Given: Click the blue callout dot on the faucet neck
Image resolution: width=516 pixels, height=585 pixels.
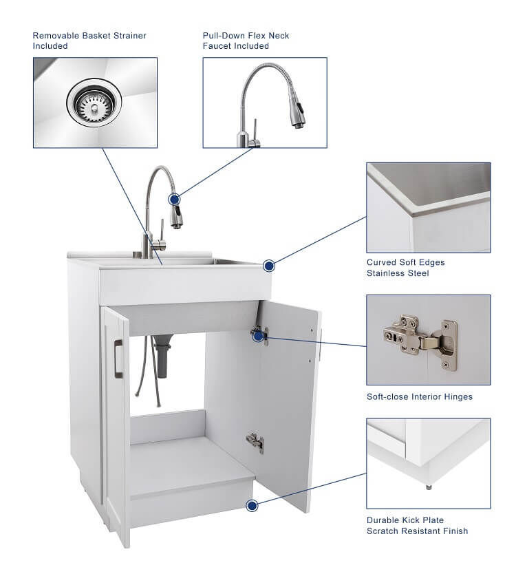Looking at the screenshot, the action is point(174,199).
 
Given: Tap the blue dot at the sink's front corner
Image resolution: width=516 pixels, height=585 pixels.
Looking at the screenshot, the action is point(269,266).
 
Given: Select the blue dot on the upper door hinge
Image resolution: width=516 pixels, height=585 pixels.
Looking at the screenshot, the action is point(258,336).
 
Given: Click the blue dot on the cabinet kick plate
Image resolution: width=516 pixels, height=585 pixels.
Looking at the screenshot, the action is point(252,506).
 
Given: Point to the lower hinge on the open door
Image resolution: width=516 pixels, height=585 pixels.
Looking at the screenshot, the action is point(255,443).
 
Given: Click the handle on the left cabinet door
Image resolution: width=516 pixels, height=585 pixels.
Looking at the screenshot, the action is point(118,359).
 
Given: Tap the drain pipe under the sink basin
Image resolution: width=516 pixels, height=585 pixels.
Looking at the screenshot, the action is point(162,357).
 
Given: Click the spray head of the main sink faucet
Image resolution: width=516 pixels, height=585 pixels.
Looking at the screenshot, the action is point(177,216).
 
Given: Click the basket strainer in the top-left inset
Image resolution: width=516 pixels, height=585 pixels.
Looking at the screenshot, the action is point(94,103).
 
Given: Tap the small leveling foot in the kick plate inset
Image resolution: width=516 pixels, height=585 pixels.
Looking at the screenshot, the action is point(429,487).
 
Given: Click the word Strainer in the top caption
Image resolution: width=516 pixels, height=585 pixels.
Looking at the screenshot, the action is point(127,36).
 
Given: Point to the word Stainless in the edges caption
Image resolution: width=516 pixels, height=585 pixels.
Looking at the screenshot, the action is point(384,273).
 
